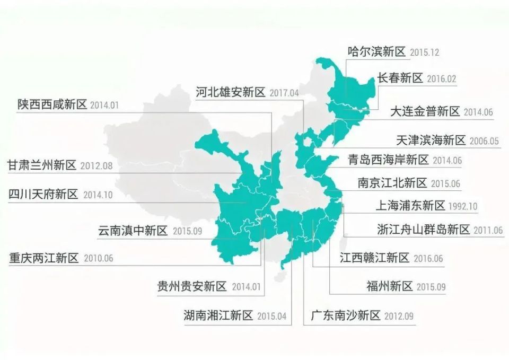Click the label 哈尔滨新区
(376, 51)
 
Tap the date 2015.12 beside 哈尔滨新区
(424, 52)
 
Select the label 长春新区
(400, 78)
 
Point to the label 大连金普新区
(425, 111)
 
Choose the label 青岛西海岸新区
(388, 160)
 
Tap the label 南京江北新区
(392, 183)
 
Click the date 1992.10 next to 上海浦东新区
(463, 206)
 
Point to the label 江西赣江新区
(374, 258)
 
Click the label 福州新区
(389, 287)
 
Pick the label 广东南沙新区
(345, 316)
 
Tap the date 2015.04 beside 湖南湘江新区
(271, 317)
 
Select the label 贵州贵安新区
(192, 287)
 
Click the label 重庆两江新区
(43, 258)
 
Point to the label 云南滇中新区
(133, 231)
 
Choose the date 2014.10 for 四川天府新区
(98, 195)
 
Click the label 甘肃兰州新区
(42, 165)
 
